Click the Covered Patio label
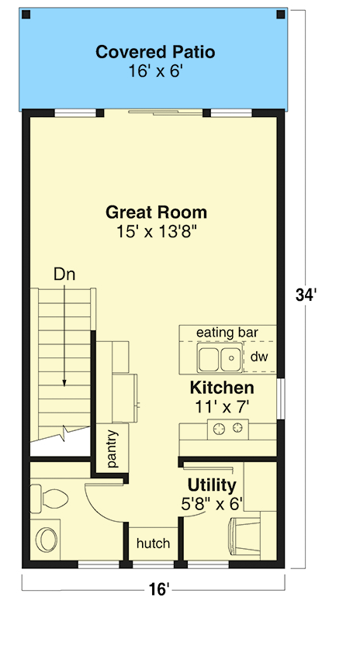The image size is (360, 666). coord(155,53)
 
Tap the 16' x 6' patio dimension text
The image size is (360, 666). coord(155,71)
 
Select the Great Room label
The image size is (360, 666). coord(156,212)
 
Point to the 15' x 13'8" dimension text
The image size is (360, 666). coord(156,231)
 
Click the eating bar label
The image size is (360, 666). coord(226,333)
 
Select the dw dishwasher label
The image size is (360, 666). coord(258,357)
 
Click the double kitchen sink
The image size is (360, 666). coord(219,359)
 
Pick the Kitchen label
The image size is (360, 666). coord(222,388)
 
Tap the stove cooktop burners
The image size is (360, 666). coord(229,427)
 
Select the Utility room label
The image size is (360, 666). coord(212,485)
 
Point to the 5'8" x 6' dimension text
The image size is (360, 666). coord(212,503)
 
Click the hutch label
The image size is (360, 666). coord(153,543)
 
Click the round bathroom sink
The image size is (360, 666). coord(46,539)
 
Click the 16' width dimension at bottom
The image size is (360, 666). coord(158,590)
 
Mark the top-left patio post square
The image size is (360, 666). coord(26,14)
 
